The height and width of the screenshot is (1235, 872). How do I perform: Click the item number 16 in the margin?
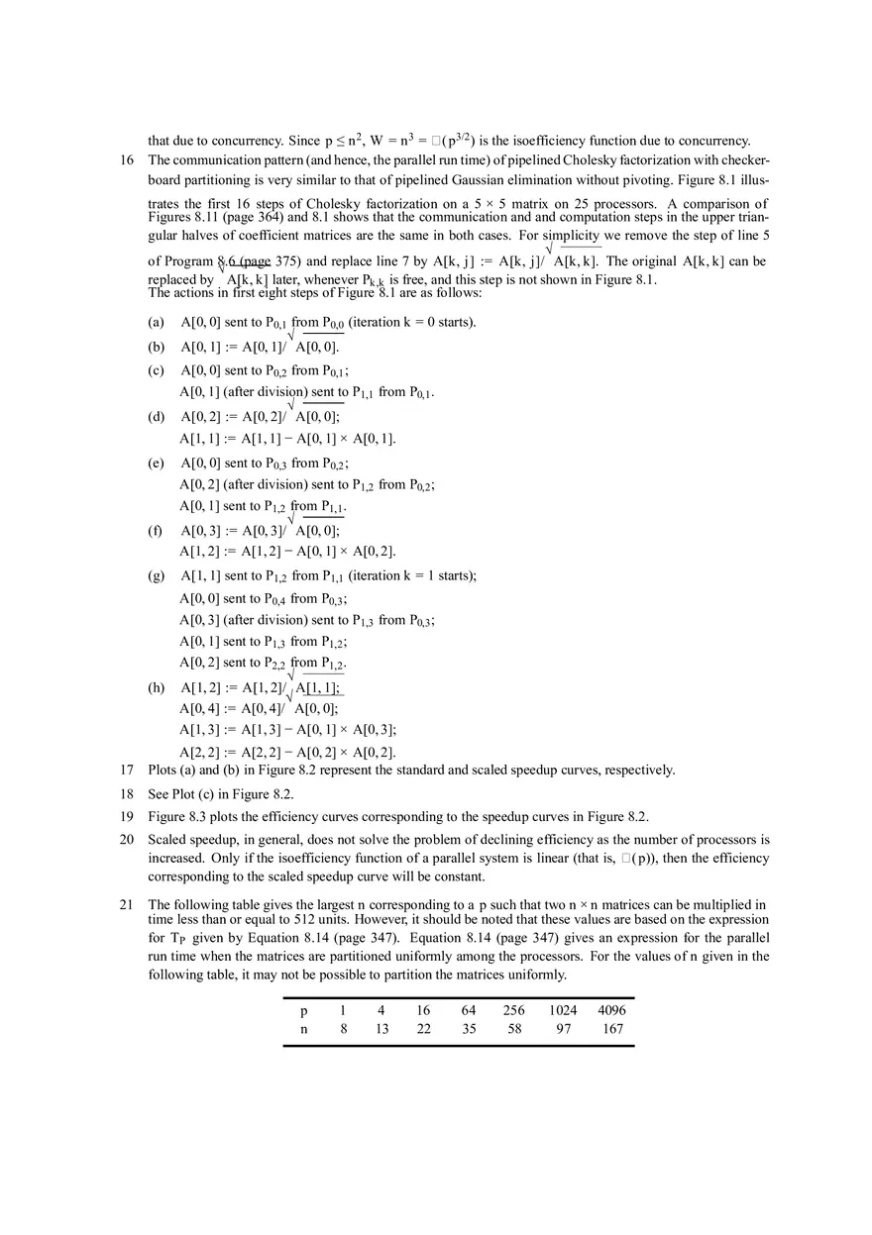point(127,159)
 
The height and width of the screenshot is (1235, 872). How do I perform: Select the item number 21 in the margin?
point(127,904)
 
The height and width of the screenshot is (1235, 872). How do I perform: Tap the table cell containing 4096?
point(611,1010)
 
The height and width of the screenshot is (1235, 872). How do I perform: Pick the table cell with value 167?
point(612,1029)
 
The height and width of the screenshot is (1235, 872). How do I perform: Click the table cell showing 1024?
point(562,1010)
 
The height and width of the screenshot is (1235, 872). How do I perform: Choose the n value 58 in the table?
point(513,1029)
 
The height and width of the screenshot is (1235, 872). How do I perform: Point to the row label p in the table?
point(303,1010)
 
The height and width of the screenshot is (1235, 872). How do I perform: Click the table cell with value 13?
point(381,1029)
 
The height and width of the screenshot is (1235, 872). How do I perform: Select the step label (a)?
point(157,323)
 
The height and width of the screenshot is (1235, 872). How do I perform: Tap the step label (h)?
point(157,687)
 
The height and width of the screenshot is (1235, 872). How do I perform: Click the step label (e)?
point(157,463)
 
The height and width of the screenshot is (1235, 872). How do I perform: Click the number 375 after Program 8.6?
point(287,261)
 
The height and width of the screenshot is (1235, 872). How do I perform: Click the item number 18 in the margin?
point(127,794)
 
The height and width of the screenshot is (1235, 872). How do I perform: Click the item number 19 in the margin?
point(127,816)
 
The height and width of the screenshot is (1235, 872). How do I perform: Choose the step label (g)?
point(157,575)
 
